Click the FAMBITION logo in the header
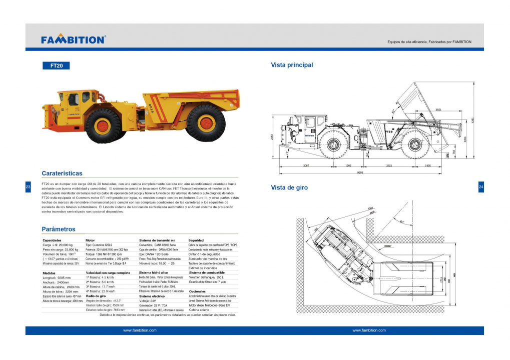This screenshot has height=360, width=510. [73, 39]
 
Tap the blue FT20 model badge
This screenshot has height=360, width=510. [56, 65]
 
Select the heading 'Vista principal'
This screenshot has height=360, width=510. [292, 65]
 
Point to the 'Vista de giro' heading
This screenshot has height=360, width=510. [289, 187]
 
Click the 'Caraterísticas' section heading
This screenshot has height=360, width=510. [62, 173]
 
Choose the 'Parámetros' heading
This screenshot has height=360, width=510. [59, 229]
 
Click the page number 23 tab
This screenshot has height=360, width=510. [28, 187]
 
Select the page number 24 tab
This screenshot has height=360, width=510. [481, 187]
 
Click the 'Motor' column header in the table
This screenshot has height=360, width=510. [90, 240]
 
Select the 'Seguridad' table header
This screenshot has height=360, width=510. [196, 240]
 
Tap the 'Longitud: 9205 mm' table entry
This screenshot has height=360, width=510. [57, 277]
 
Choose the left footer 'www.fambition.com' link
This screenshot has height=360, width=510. [140, 330]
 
